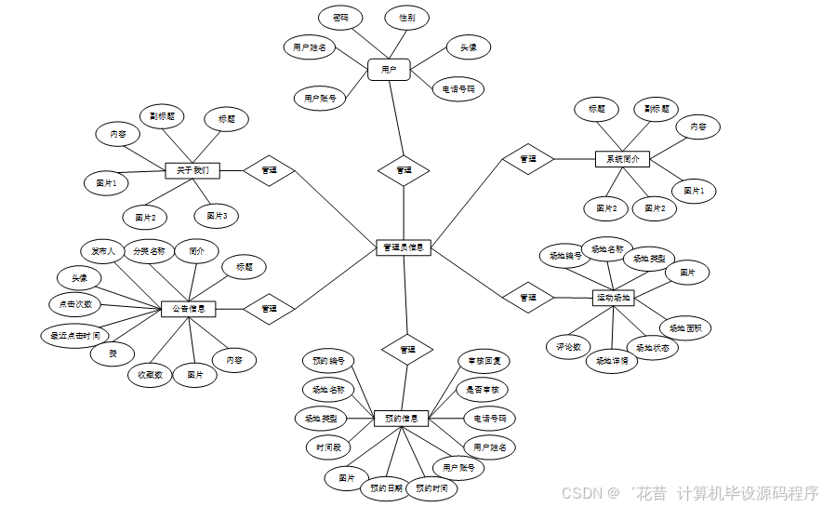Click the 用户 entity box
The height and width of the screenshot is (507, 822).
coord(389,69)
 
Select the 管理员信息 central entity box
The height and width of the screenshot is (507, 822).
coord(404,247)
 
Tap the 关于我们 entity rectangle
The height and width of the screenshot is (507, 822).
coord(192,170)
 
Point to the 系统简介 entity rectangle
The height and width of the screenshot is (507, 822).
coord(622,159)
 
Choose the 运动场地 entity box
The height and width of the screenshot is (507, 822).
coord(613,298)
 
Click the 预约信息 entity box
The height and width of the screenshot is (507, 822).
coord(401,419)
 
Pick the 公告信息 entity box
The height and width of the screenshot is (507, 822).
coord(189,308)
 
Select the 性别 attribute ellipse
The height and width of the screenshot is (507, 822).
coord(407,18)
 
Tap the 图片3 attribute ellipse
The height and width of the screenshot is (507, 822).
coord(217,215)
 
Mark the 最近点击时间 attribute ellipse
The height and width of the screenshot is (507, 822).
coord(75,335)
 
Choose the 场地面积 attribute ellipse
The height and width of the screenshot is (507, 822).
coord(685,327)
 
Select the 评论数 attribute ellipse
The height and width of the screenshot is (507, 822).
coord(568,346)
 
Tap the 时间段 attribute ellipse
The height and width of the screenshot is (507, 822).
coord(329,447)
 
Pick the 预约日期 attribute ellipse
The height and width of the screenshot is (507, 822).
coord(385,487)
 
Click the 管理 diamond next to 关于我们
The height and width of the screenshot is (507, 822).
coord(269,170)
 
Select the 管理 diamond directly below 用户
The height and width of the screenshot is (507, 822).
coord(404,170)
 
